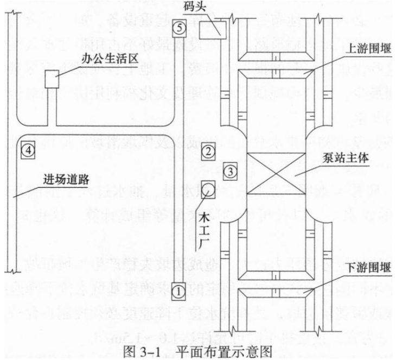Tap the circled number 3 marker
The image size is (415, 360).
coord(230,172)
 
